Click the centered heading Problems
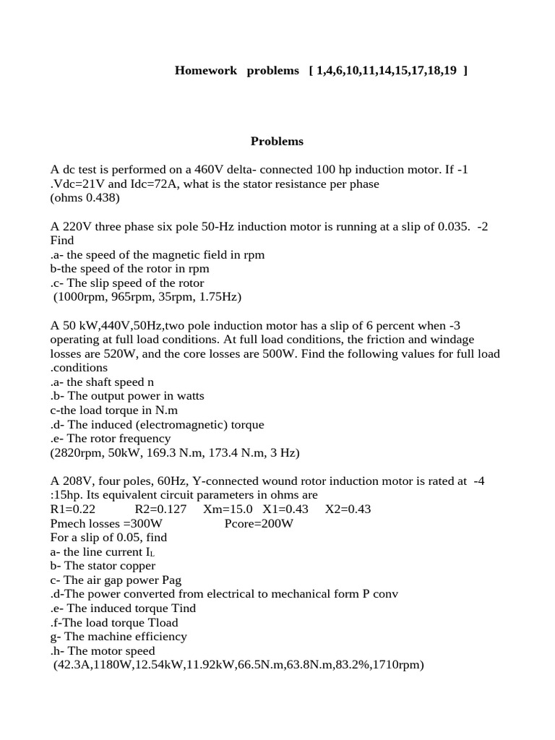point(277,141)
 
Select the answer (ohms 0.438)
point(85,197)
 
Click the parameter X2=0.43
point(348,509)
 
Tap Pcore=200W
point(259,523)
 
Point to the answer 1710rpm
point(399,666)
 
